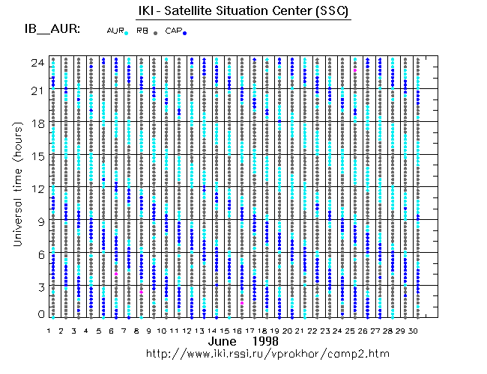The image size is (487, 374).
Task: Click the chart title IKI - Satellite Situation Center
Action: [x=243, y=12]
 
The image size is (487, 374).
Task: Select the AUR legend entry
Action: [x=115, y=31]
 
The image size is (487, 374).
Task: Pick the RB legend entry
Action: [x=142, y=31]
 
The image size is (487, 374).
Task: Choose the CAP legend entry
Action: [x=173, y=31]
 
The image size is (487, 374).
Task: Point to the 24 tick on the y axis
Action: [x=37, y=63]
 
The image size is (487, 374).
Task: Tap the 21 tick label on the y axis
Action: [x=37, y=91]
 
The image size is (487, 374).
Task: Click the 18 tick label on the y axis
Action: [x=37, y=123]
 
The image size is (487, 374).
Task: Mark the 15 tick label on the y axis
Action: [x=37, y=156]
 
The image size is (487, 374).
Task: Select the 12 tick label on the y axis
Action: [x=37, y=188]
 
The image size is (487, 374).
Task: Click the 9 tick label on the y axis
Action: [x=40, y=221]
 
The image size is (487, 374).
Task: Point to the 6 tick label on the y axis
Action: [x=40, y=254]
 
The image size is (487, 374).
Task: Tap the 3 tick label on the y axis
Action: [x=40, y=286]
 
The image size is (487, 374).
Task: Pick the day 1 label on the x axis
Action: [x=49, y=330]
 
